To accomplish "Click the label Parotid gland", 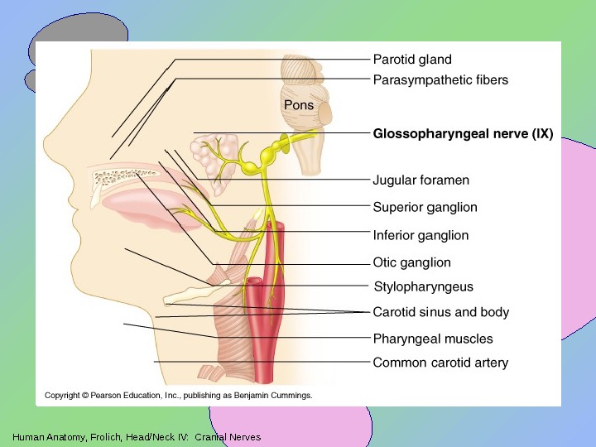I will click(x=412, y=60).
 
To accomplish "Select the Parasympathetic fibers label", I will click(x=440, y=80).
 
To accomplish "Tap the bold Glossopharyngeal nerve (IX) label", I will click(x=463, y=132).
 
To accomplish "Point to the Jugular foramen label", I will click(x=421, y=180).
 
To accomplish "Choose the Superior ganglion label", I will click(x=425, y=207).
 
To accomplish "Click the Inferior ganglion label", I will click(x=421, y=235).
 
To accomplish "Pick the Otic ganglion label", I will click(x=412, y=262).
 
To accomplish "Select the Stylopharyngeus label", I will click(x=424, y=286).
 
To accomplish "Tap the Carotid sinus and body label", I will click(x=441, y=312).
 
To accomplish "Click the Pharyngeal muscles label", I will click(x=433, y=339).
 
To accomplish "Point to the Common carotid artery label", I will click(x=440, y=363).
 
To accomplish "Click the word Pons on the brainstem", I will click(x=299, y=105).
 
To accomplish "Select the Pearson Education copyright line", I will click(x=178, y=396).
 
